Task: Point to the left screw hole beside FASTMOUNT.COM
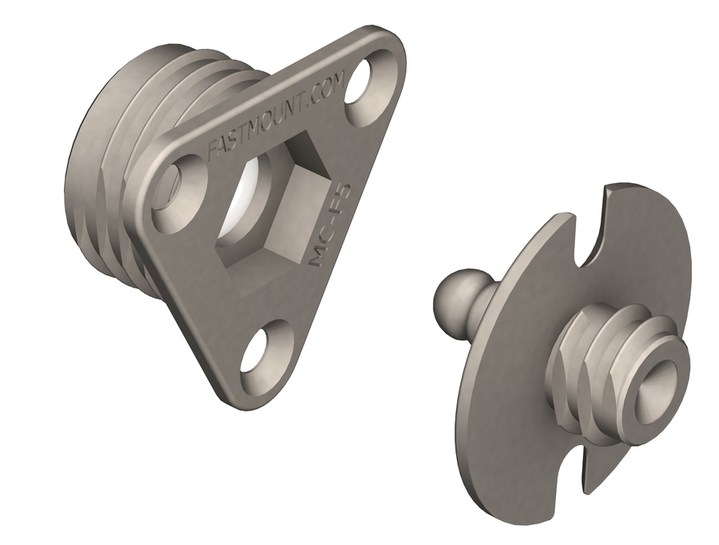[176, 189]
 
